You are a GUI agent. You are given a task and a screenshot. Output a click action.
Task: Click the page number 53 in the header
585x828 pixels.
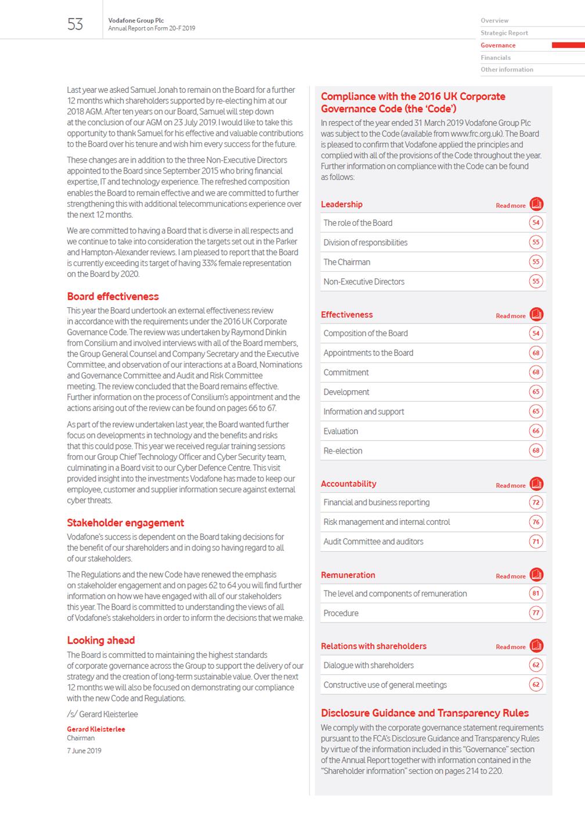(x=75, y=24)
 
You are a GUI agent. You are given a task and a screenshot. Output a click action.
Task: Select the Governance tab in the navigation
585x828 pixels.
(x=498, y=45)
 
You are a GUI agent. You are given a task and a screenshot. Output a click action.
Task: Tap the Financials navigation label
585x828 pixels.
(x=496, y=57)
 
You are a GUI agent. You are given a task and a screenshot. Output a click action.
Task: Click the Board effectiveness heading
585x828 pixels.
(x=113, y=296)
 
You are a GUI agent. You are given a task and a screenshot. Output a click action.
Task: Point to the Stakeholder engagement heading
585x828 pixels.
(x=125, y=523)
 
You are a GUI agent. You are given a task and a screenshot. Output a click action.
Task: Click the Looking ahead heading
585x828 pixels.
(x=101, y=640)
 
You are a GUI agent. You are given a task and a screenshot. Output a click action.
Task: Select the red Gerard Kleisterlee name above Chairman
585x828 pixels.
(x=96, y=729)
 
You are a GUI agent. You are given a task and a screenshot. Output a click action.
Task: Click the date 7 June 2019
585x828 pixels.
(x=84, y=751)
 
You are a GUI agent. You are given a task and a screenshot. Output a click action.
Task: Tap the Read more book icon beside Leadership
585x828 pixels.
(x=536, y=204)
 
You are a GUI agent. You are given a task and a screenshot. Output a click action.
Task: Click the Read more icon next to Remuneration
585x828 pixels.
(x=536, y=575)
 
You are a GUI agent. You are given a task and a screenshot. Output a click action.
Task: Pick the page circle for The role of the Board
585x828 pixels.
(x=536, y=223)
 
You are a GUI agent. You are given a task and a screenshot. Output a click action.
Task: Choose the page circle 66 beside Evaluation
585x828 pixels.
(x=536, y=431)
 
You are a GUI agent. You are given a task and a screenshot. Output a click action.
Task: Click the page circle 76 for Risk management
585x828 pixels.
(x=536, y=522)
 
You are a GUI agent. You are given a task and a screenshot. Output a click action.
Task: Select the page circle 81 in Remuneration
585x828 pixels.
(x=536, y=593)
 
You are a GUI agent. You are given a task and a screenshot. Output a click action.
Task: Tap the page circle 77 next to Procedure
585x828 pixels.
(x=536, y=613)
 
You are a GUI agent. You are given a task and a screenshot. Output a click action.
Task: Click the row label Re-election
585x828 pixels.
(x=343, y=451)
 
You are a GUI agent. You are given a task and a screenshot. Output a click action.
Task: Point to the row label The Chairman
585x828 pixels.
(x=346, y=262)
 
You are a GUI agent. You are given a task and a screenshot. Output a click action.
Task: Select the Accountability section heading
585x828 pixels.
(x=348, y=484)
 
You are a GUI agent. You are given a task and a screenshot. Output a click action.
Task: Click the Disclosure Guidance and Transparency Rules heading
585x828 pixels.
(x=425, y=713)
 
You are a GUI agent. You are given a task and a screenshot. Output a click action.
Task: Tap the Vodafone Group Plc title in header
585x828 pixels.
(x=136, y=20)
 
